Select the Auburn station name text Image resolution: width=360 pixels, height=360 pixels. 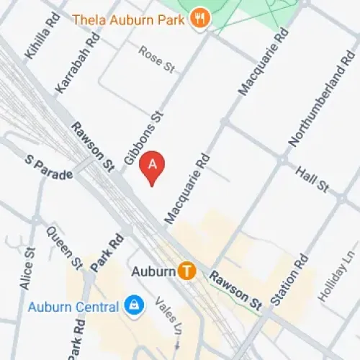pyautogui.click(x=154, y=271)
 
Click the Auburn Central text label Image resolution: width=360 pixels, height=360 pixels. pyautogui.click(x=73, y=307)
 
